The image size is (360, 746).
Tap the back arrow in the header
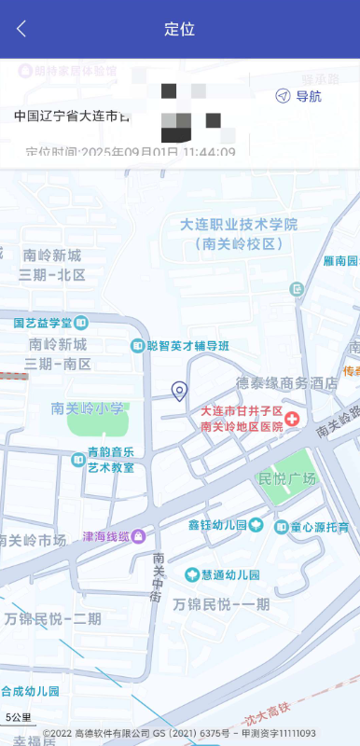pyautogui.click(x=21, y=29)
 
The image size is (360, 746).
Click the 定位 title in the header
pyautogui.click(x=179, y=29)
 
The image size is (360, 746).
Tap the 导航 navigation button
pyautogui.click(x=298, y=96)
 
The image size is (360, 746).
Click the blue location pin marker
pyautogui.click(x=180, y=391)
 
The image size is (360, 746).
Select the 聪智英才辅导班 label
pyautogui.click(x=187, y=346)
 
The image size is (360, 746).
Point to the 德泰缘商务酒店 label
pyautogui.click(x=285, y=382)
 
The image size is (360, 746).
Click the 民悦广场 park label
pyautogui.click(x=288, y=478)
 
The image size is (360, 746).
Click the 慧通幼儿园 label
pyautogui.click(x=229, y=574)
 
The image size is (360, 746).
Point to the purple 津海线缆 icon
pyautogui.click(x=138, y=536)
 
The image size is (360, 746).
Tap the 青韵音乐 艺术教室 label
pyautogui.click(x=111, y=460)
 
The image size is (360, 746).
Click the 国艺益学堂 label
pyautogui.click(x=43, y=323)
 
